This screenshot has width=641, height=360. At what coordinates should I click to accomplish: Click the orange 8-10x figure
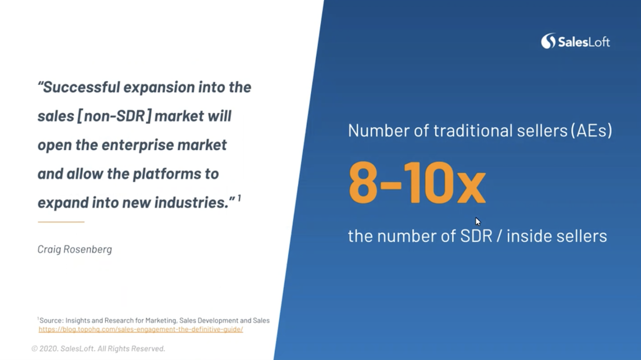pyautogui.click(x=417, y=183)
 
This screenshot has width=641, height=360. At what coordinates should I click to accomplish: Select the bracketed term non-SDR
pyautogui.click(x=114, y=116)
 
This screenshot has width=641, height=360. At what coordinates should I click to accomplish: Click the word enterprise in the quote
pyautogui.click(x=138, y=145)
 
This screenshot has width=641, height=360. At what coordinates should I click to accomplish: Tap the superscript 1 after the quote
pyautogui.click(x=239, y=197)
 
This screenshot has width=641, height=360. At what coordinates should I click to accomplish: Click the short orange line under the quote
pyautogui.click(x=61, y=221)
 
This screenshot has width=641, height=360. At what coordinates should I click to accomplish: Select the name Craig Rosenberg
pyautogui.click(x=75, y=249)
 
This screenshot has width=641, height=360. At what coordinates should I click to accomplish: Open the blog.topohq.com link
pyautogui.click(x=141, y=330)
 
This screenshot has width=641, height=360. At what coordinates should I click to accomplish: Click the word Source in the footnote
pyautogui.click(x=50, y=320)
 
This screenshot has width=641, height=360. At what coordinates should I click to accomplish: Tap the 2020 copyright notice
pyautogui.click(x=98, y=348)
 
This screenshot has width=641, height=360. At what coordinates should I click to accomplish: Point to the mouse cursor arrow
pyautogui.click(x=478, y=221)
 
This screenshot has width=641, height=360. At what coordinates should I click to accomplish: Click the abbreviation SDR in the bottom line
pyautogui.click(x=476, y=236)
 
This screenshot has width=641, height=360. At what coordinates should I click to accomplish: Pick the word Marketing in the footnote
pyautogui.click(x=161, y=320)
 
